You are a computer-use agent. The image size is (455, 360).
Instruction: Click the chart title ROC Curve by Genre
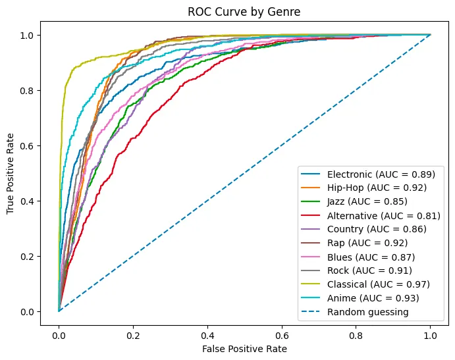click(x=244, y=11)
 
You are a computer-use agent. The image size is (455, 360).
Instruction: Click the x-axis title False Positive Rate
click(x=244, y=348)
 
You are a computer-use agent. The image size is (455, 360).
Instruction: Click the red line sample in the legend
click(x=311, y=215)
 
